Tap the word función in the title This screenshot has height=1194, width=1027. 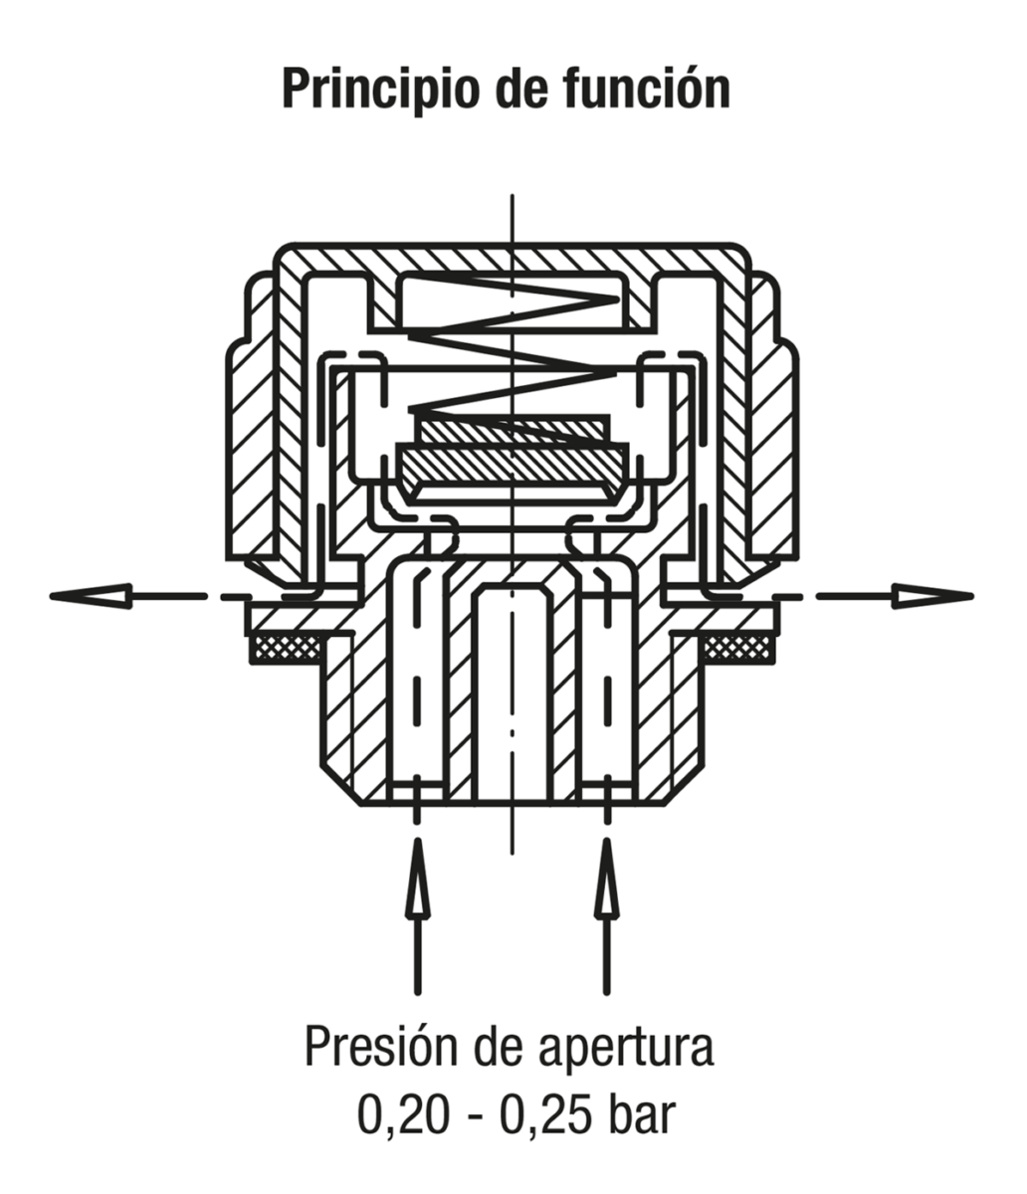click(645, 88)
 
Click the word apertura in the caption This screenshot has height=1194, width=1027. click(626, 1049)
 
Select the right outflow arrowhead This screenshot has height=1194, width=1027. click(932, 596)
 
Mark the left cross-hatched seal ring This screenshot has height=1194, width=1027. click(287, 649)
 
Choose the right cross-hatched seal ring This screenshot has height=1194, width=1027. click(738, 649)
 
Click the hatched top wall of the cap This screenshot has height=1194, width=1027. click(513, 259)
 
